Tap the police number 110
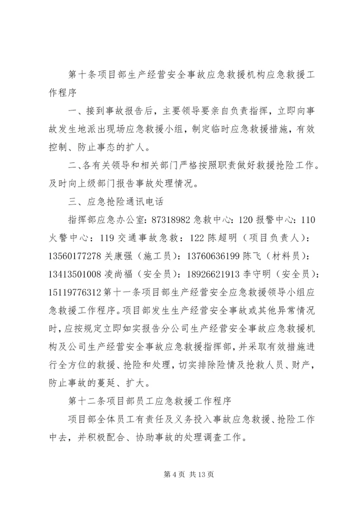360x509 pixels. pyautogui.click(x=306, y=220)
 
